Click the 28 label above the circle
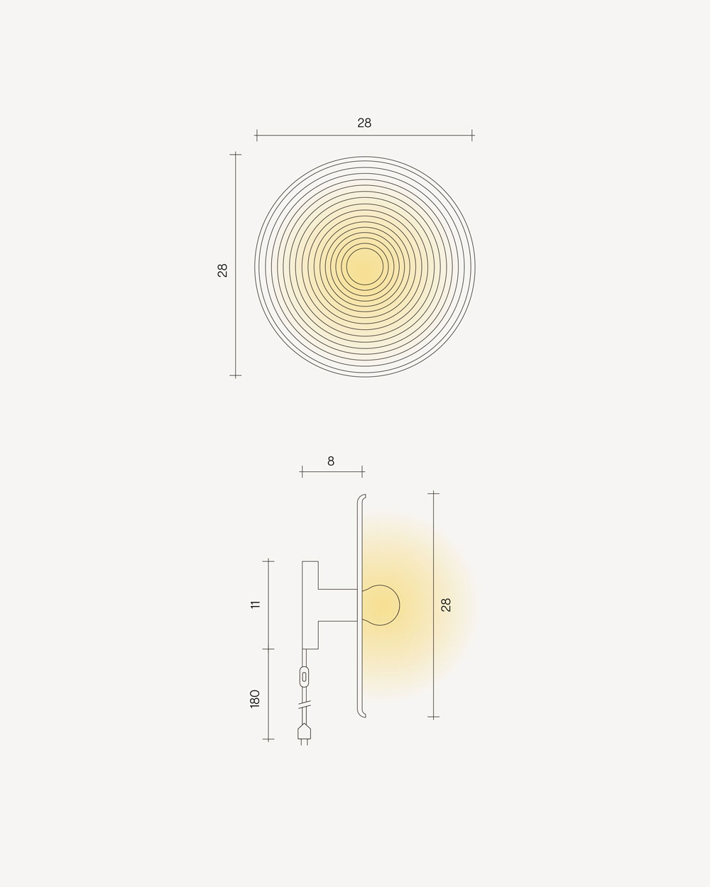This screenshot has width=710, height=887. coord(364,123)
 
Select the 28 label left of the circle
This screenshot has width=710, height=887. coord(222,270)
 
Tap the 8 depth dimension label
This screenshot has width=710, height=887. coord(331,461)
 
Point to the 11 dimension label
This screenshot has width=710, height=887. coord(256,605)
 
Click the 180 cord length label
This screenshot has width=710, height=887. coord(255,699)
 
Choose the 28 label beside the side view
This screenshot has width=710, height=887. coord(446,605)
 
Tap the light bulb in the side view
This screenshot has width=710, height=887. coord(381,605)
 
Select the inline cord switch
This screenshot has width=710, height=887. coord(305,676)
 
